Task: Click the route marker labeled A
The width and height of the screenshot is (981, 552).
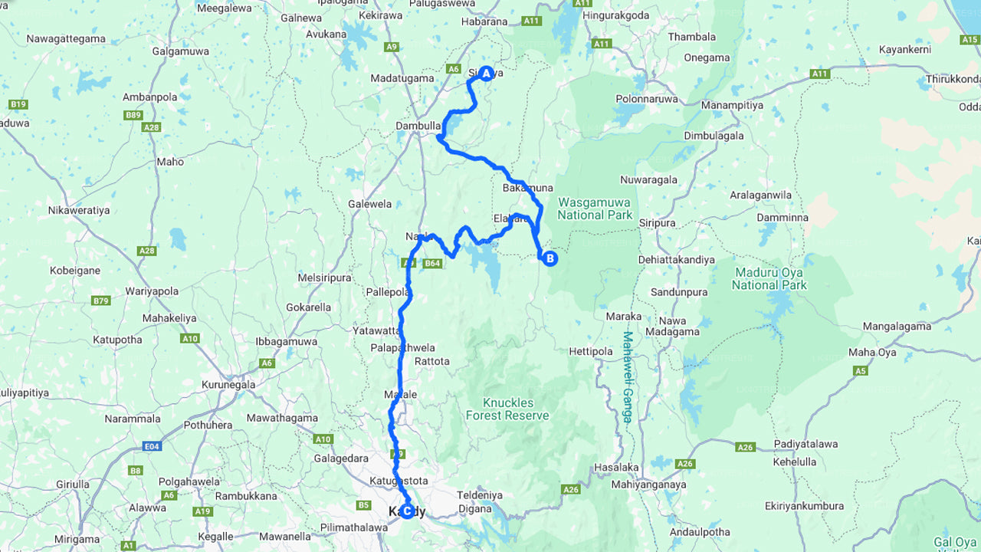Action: [485, 73]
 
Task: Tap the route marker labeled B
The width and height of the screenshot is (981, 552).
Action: [550, 258]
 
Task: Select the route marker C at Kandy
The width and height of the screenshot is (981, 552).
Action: [407, 511]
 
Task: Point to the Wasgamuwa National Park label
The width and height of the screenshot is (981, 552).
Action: [595, 209]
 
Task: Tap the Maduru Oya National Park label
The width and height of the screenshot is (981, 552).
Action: [769, 278]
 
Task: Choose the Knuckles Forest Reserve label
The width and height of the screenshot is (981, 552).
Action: [507, 409]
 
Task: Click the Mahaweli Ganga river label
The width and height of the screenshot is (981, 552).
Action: [628, 376]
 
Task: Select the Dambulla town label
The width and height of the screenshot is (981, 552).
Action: [418, 126]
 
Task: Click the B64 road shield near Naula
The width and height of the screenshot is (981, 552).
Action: [433, 263]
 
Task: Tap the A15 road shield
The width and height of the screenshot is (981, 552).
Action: [969, 38]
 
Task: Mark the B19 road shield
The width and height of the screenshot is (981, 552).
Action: [18, 103]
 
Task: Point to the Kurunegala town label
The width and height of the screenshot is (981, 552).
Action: [228, 384]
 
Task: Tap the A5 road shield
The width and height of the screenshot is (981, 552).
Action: [861, 370]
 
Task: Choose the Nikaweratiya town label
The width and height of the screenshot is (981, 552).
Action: [78, 210]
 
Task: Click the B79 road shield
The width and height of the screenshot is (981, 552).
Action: [100, 301]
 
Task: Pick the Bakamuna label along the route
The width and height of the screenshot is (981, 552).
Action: [527, 188]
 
